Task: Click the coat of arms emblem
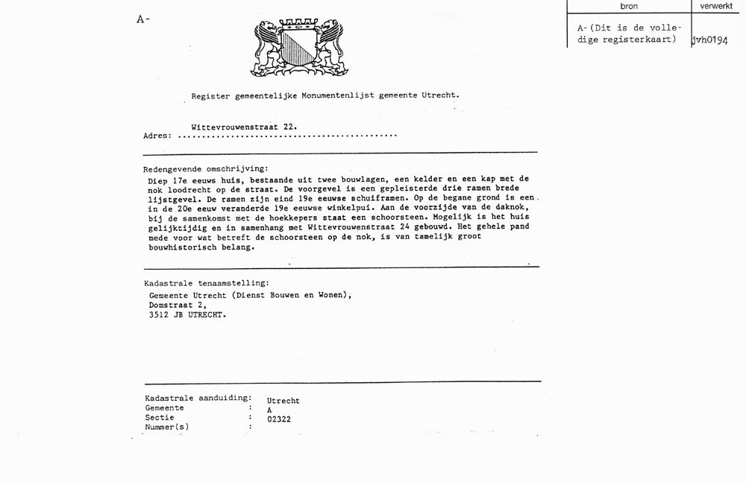pyautogui.click(x=298, y=48)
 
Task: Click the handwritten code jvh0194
pyautogui.click(x=709, y=40)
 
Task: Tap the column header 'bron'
pyautogui.click(x=629, y=6)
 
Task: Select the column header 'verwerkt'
pyautogui.click(x=716, y=6)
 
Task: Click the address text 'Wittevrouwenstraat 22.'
pyautogui.click(x=244, y=127)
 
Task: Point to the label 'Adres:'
pyautogui.click(x=157, y=136)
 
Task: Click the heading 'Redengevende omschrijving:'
pyautogui.click(x=206, y=169)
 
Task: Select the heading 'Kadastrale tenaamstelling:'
pyautogui.click(x=207, y=283)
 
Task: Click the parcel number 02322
pyautogui.click(x=279, y=419)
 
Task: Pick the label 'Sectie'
pyautogui.click(x=160, y=418)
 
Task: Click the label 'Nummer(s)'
pyautogui.click(x=167, y=428)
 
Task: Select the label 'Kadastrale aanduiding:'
pyautogui.click(x=198, y=399)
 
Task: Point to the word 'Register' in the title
pyautogui.click(x=210, y=95)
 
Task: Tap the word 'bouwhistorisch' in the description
pyautogui.click(x=181, y=247)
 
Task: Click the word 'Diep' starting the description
pyautogui.click(x=158, y=180)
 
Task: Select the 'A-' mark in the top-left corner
pyautogui.click(x=142, y=19)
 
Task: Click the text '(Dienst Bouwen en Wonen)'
pyautogui.click(x=291, y=295)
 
